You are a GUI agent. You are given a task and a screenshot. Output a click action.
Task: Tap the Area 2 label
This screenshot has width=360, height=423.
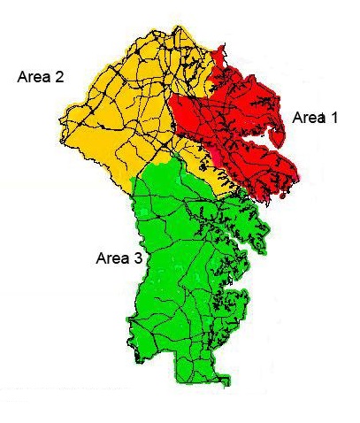point(40,77)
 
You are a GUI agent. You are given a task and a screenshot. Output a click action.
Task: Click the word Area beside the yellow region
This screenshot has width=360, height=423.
point(34,77)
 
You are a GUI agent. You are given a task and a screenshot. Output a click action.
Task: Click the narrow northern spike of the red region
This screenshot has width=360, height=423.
point(219,58)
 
